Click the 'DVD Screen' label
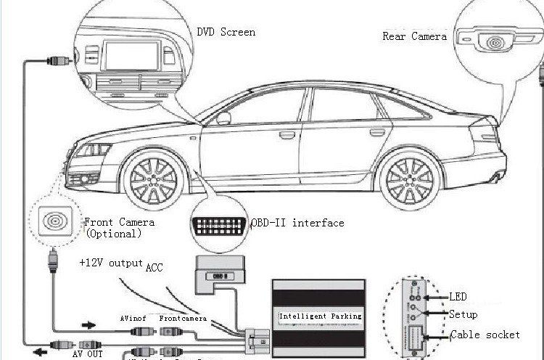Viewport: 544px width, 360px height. (x=226, y=33)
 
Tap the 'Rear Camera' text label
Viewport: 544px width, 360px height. (x=414, y=36)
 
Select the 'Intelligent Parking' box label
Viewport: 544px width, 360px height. (x=320, y=316)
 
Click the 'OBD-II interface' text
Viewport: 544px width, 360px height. (x=297, y=223)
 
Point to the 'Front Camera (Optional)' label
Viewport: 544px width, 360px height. (x=120, y=228)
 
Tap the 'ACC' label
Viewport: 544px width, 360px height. (x=154, y=267)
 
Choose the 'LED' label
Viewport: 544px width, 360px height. (x=457, y=296)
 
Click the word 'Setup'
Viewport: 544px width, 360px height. (x=463, y=315)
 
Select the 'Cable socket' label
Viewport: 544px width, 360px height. (x=485, y=335)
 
